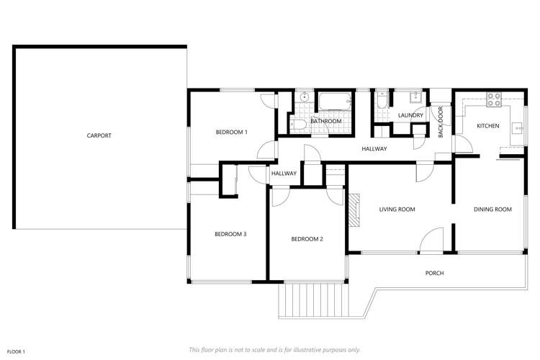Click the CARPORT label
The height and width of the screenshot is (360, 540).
(99, 135)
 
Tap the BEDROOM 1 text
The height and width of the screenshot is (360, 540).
(231, 132)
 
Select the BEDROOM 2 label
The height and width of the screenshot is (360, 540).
(306, 239)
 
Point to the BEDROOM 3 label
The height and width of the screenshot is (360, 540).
(231, 234)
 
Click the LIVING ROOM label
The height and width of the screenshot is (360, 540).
(397, 210)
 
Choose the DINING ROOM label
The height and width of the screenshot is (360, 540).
(492, 210)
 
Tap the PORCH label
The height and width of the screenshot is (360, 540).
(434, 273)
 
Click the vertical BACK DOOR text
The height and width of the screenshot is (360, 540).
(441, 122)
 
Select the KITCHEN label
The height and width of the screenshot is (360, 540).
(487, 126)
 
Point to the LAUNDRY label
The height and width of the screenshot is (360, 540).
(410, 115)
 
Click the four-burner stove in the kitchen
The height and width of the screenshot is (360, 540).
(493, 100)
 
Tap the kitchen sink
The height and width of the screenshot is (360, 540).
(518, 128)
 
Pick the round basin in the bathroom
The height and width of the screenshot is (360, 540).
(305, 97)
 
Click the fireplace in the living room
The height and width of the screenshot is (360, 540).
(354, 210)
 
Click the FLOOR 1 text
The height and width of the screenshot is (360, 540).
(16, 351)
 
